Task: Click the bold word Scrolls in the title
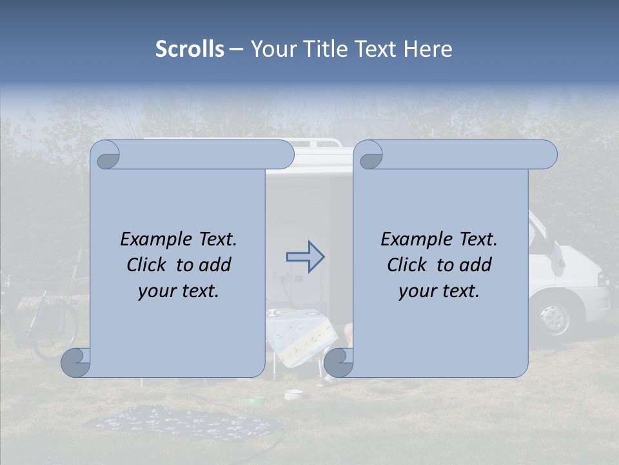point(190,49)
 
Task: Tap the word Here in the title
point(427,49)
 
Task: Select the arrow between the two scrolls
point(306,257)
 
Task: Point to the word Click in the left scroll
point(149,265)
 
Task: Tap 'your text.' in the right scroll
point(438,291)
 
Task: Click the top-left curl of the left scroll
point(105,156)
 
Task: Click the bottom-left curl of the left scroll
point(75,362)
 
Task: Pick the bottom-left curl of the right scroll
point(337,362)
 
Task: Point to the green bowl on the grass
point(255,402)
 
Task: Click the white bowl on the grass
point(293,393)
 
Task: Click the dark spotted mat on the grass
point(181,423)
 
